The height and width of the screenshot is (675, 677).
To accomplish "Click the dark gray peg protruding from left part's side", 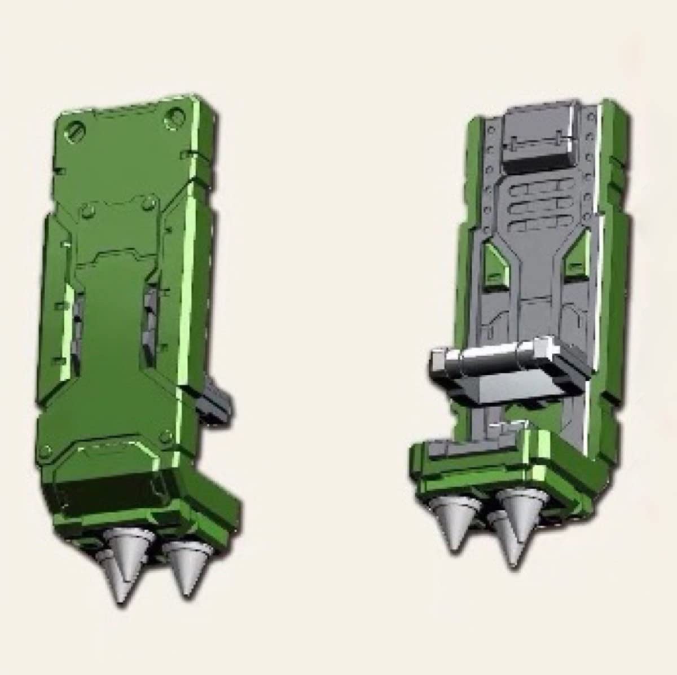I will pos(218,398).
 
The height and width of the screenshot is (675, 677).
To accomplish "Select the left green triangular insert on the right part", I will pos(496,265).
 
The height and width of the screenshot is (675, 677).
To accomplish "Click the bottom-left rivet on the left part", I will pos(45,451).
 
